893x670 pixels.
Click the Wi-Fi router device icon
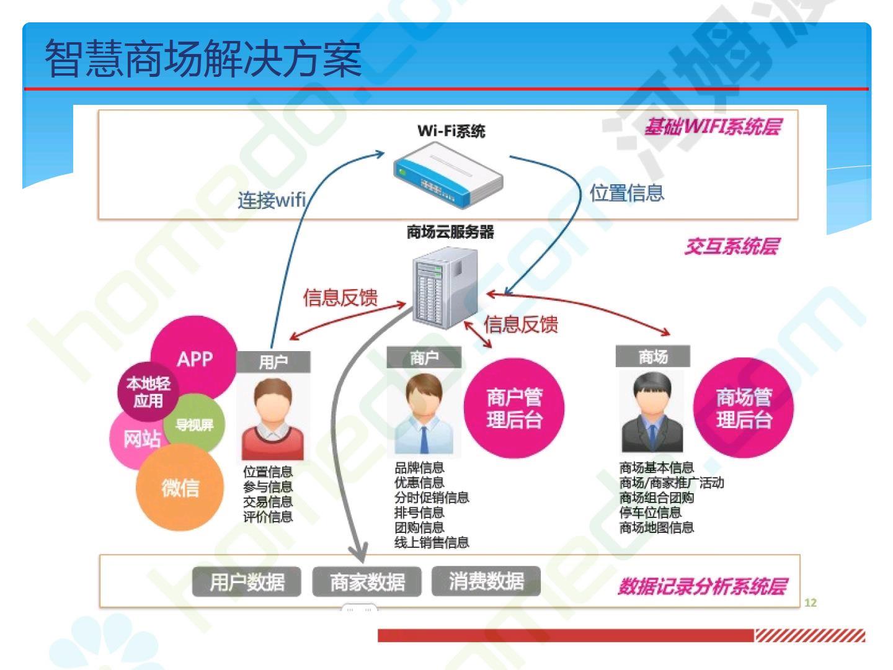point(448,174)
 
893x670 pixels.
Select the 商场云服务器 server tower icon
point(445,286)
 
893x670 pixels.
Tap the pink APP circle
point(195,358)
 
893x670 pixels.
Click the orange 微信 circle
point(180,488)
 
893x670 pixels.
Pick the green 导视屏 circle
point(195,425)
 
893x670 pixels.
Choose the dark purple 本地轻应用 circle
point(148,392)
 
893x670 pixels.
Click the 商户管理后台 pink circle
point(514,408)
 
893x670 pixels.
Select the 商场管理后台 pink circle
point(744,408)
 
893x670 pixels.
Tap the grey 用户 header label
point(273,362)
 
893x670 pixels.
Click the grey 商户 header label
point(424,358)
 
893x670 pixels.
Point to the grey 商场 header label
point(652,357)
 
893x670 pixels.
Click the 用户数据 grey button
point(247,582)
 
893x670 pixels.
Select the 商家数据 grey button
point(367,582)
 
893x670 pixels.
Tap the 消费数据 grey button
point(486,581)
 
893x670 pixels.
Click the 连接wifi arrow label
point(272,200)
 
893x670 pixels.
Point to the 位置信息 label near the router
point(626,193)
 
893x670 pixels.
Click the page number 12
point(811,602)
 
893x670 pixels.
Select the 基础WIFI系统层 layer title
point(712,127)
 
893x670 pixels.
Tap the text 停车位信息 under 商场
point(650,512)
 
